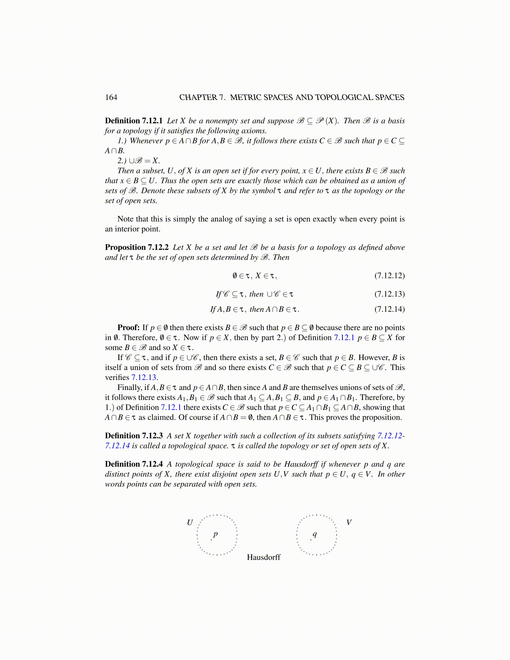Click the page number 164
pos(111,97)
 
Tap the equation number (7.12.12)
pos(389,276)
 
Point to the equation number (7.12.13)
pos(389,294)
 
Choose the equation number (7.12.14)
pos(389,309)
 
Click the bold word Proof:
pos(128,328)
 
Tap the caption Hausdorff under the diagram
pos(263,557)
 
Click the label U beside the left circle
pos(190,522)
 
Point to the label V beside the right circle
pos(349,522)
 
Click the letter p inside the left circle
pos(215,534)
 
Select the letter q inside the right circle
pos(315,534)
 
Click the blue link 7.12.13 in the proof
pos(144,377)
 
